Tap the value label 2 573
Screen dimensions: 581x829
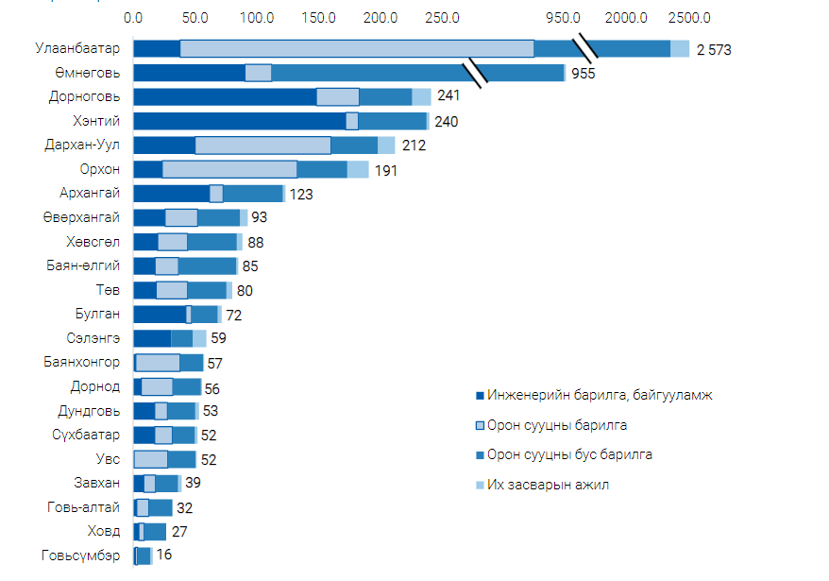coord(715,49)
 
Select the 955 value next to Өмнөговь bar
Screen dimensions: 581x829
coord(584,74)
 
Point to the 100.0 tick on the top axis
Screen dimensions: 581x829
coord(257,18)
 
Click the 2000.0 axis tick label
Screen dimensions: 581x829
coord(626,18)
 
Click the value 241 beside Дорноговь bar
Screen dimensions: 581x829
coord(448,96)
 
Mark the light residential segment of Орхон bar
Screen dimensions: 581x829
coord(229,169)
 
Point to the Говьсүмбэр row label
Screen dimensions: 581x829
coord(81,555)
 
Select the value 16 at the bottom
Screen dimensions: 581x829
coord(164,555)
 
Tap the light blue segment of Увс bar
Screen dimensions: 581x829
coord(151,459)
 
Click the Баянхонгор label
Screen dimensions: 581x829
coord(81,362)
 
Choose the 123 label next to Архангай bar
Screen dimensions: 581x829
coord(301,194)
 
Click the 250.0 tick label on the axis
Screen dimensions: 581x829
coord(443,18)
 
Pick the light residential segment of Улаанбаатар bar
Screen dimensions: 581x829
coord(357,49)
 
